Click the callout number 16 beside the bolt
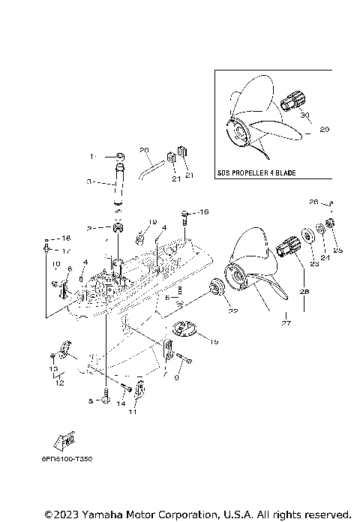pos(202,213)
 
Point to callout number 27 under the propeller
pos(285,324)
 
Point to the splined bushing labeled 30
pos(295,99)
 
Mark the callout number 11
pos(133,412)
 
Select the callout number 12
pos(59,382)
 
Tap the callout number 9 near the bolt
pos(177,377)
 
